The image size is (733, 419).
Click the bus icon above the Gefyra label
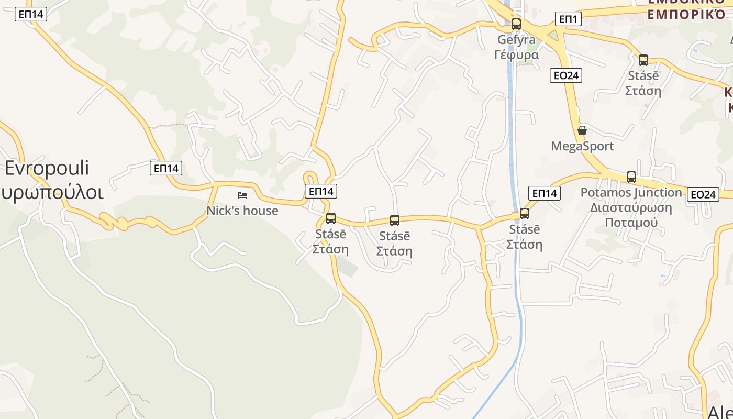(x=516, y=24)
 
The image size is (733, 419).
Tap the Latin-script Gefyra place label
(x=516, y=40)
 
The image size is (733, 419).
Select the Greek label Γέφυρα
(x=516, y=54)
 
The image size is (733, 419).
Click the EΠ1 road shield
(x=568, y=19)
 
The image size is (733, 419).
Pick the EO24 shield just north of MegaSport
(x=567, y=75)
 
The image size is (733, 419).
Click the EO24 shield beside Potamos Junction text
(x=703, y=194)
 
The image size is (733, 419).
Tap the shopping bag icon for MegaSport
(x=582, y=130)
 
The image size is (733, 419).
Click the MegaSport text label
(x=582, y=146)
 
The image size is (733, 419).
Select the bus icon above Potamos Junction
(x=631, y=177)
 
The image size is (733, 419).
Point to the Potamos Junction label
(x=631, y=193)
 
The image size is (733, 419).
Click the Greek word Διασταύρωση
(x=631, y=207)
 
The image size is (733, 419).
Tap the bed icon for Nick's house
(x=242, y=195)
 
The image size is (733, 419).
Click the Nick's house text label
(x=242, y=211)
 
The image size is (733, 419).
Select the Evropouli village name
(x=47, y=168)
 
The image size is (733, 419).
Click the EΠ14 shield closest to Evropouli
(x=166, y=168)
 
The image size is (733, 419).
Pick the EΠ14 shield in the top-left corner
(x=31, y=14)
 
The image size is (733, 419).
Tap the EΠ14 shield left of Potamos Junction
(x=545, y=193)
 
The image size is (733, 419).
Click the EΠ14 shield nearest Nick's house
(x=321, y=191)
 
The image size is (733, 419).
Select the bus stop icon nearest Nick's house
(x=331, y=218)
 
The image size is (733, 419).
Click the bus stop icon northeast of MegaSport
(x=643, y=60)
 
